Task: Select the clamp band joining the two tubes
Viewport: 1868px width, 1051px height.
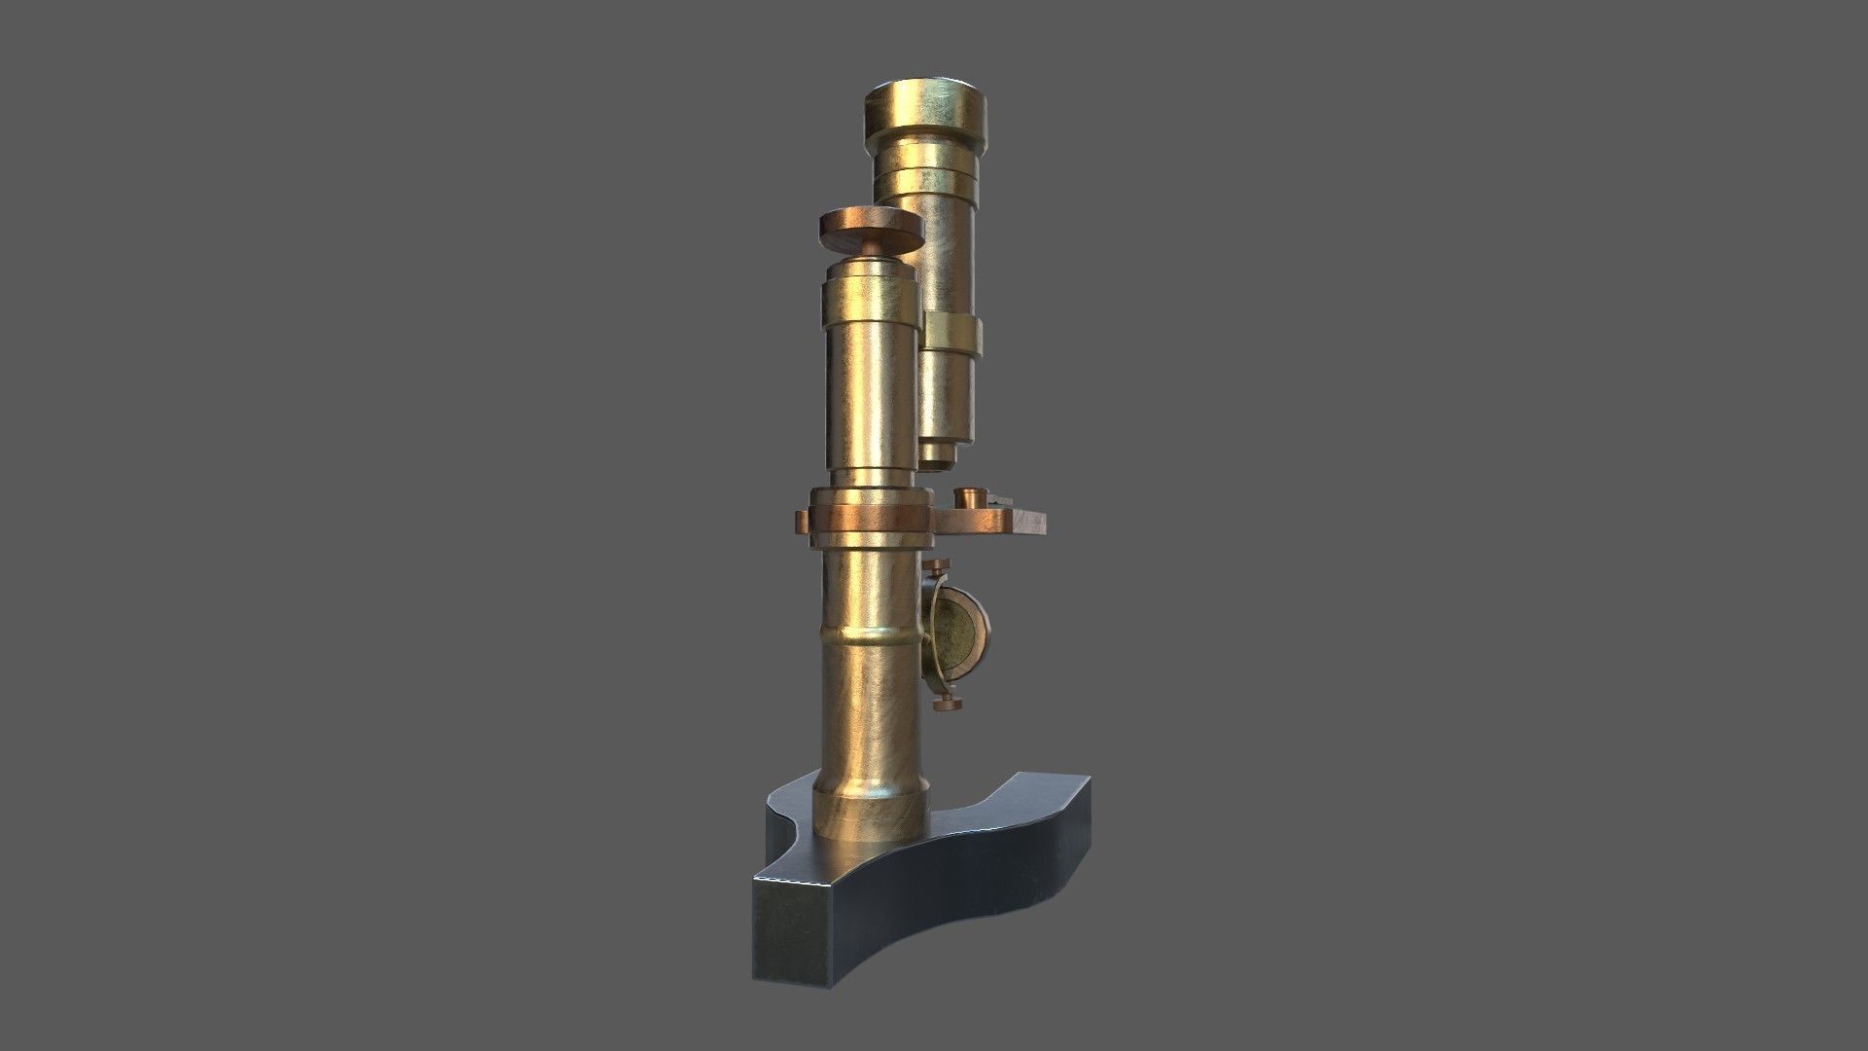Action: point(954,332)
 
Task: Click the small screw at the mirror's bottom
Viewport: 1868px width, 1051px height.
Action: point(942,703)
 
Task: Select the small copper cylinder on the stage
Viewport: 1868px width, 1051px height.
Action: point(969,498)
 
